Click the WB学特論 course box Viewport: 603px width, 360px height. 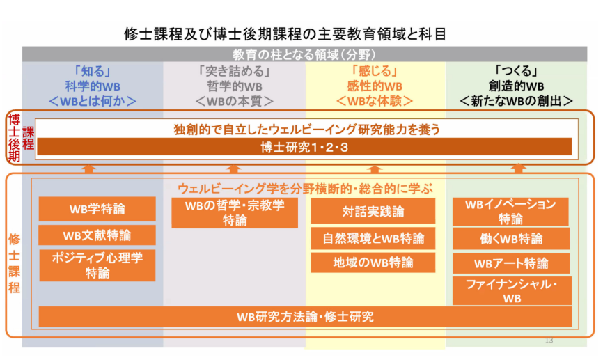97,209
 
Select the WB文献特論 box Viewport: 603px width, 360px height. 97,235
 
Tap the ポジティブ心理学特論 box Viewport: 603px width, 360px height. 97,265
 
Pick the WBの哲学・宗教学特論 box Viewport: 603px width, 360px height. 235,212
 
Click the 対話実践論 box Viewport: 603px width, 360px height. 373,211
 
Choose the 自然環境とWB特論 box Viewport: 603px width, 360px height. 373,238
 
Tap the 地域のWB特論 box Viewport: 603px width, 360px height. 373,263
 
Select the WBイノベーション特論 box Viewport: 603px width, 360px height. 510,212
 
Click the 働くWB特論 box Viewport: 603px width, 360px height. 511,239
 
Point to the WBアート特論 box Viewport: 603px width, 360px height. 511,263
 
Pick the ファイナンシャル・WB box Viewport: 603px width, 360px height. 512,291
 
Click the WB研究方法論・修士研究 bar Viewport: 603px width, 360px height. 306,317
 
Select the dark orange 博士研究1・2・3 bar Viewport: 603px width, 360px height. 304,147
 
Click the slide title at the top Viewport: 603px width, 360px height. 285,34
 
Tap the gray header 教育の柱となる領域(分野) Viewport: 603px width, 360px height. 304,54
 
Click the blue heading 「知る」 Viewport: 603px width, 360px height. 93,71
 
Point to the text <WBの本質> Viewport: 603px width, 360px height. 235,101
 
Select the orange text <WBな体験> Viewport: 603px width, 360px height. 375,101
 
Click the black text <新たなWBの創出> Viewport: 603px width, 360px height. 516,101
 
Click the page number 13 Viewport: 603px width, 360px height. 549,341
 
